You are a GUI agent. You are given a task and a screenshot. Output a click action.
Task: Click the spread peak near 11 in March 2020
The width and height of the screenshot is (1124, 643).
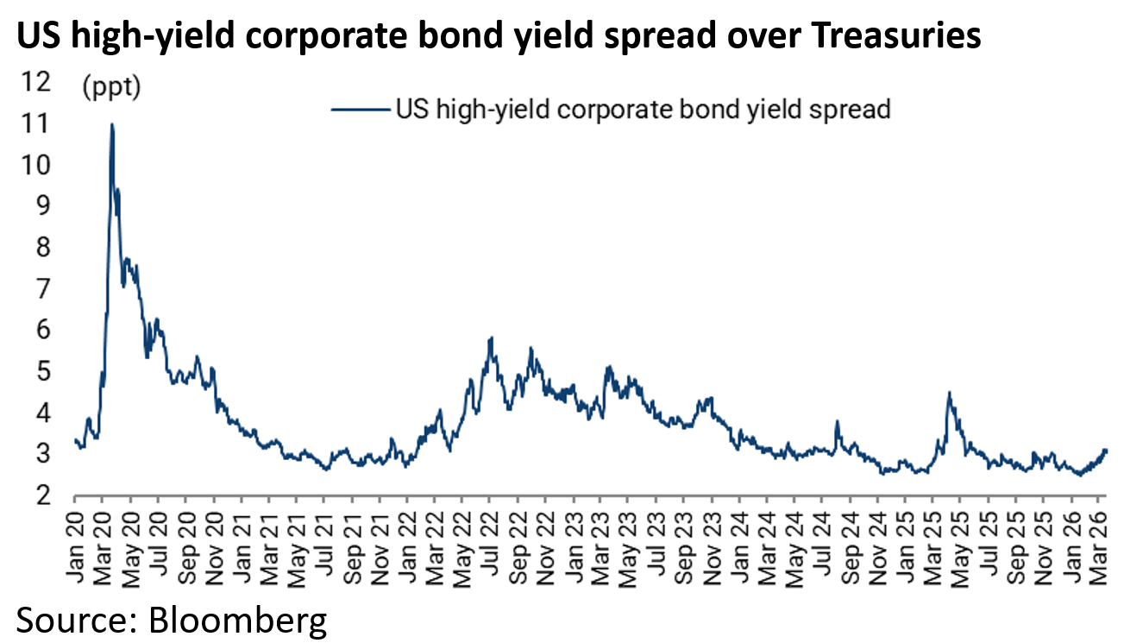coord(112,125)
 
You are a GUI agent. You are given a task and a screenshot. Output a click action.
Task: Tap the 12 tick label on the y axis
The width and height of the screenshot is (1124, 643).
coord(39,82)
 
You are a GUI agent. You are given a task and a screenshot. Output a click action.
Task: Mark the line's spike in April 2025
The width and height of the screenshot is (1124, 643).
coord(949,394)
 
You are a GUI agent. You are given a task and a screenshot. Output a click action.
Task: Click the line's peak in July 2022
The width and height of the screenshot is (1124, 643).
coord(491,338)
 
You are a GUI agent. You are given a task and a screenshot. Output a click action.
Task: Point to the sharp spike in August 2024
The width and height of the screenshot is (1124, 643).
coord(837,422)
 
